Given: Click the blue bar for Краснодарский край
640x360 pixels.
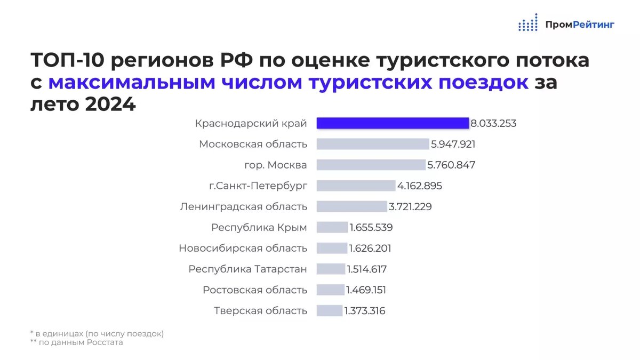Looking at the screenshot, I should pos(392,123).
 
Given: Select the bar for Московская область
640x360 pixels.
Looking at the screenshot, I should pos(373,144).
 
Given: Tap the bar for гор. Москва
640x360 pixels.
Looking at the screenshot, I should pos(372,165).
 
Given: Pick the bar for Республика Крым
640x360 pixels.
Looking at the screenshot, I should pos(332,227).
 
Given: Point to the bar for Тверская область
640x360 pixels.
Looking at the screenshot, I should pos(329,310).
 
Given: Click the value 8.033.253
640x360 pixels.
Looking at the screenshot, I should pos(493,124).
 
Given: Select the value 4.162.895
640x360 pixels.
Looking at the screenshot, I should pos(420,186).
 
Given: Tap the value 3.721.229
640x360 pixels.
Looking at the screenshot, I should pos(410,207).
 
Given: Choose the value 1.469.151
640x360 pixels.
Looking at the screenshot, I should pos(366,290).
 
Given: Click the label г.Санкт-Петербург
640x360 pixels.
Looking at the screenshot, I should pos(258,186).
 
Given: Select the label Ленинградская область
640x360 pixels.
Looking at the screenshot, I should pos(244,207).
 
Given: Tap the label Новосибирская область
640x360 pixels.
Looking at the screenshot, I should pos(243,249).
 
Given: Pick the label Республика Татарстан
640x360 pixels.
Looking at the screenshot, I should pos(248,269).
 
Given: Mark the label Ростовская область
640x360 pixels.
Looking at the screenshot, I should pos(255,290).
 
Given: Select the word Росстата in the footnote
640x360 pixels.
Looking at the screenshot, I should pos(105,342).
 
